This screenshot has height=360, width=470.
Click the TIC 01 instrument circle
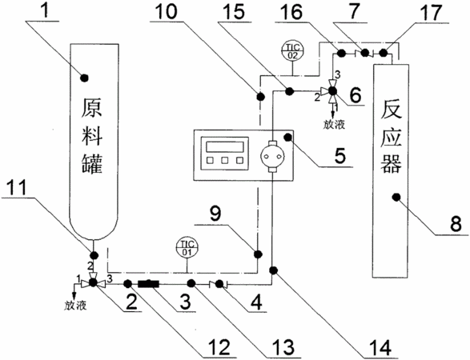point(187,248)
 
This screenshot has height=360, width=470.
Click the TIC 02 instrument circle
point(292,51)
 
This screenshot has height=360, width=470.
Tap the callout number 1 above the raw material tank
point(44,10)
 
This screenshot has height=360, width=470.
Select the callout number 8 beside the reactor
point(456,224)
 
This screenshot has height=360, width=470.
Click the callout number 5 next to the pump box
point(340,156)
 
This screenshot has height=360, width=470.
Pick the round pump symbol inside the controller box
point(272,156)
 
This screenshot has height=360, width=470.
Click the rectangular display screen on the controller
point(225,147)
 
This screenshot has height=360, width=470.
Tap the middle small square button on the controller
point(225,161)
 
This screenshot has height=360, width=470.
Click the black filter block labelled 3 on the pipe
point(148,283)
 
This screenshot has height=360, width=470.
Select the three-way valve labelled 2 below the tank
point(93,282)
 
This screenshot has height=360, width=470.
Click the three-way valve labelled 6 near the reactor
point(331,90)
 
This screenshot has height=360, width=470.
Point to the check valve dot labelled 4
point(219,284)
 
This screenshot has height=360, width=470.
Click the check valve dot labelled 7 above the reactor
point(364,53)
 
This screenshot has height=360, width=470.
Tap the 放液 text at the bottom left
point(75,306)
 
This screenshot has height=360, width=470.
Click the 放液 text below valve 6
point(334,125)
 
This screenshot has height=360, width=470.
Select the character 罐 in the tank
point(92,163)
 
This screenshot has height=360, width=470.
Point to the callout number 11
point(17,187)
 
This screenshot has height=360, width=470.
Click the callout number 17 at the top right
point(432,13)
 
